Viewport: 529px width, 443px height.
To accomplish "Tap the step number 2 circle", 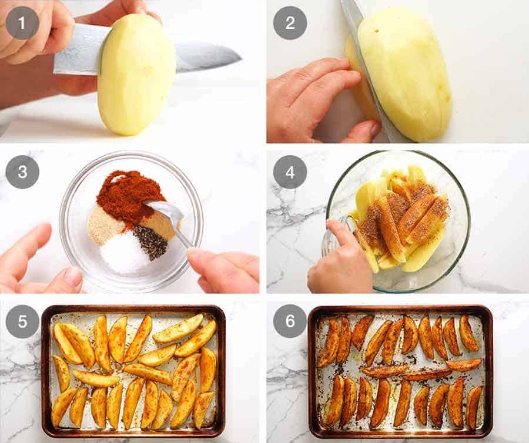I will click(290, 23).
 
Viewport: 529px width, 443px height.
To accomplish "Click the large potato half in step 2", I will click(406, 71).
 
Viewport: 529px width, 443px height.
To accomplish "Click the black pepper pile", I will click(150, 241).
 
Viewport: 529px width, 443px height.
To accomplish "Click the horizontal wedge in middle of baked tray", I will click(384, 370).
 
